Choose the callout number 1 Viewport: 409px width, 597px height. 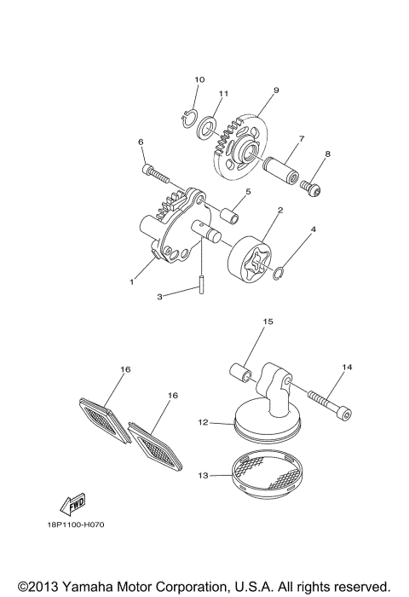(x=132, y=281)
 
